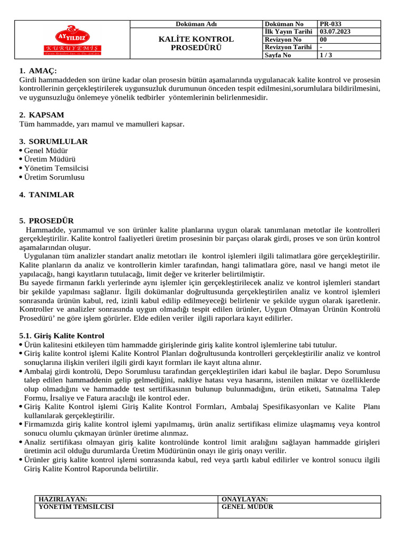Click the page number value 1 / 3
(x=326, y=54)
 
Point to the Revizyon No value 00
(x=323, y=40)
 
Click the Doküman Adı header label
(x=196, y=24)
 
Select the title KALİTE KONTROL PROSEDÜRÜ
(x=196, y=43)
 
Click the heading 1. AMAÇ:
(x=38, y=71)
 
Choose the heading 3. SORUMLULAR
(x=53, y=141)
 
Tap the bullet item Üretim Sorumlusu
(x=54, y=177)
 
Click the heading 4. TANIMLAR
(x=46, y=195)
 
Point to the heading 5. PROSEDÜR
(x=46, y=221)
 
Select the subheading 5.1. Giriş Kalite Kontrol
(x=62, y=336)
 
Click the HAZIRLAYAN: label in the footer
(x=63, y=499)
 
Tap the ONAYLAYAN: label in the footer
(x=245, y=499)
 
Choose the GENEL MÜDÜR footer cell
(x=247, y=507)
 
